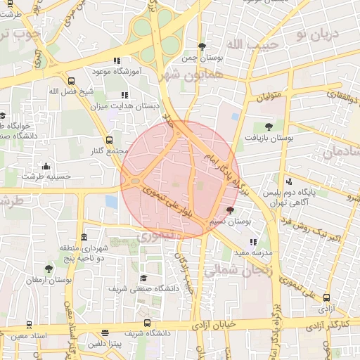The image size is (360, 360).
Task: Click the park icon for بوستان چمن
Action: click(x=202, y=47)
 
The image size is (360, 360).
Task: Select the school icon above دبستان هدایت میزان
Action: click(x=125, y=95)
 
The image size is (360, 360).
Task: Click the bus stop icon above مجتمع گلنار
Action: click(x=108, y=141)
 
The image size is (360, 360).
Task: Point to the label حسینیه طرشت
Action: click(x=46, y=176)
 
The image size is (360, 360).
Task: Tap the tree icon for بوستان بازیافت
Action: click(x=269, y=127)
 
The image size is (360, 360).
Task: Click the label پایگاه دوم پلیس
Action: click(x=290, y=192)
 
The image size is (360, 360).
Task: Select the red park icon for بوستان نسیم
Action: click(x=230, y=210)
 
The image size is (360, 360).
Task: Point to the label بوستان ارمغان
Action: click(x=49, y=280)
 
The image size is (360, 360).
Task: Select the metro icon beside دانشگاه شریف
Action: click(x=106, y=333)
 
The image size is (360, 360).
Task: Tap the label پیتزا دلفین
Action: click(x=106, y=345)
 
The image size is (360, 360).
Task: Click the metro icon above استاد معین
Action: click(x=29, y=325)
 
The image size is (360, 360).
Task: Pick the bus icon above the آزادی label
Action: click(x=326, y=297)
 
